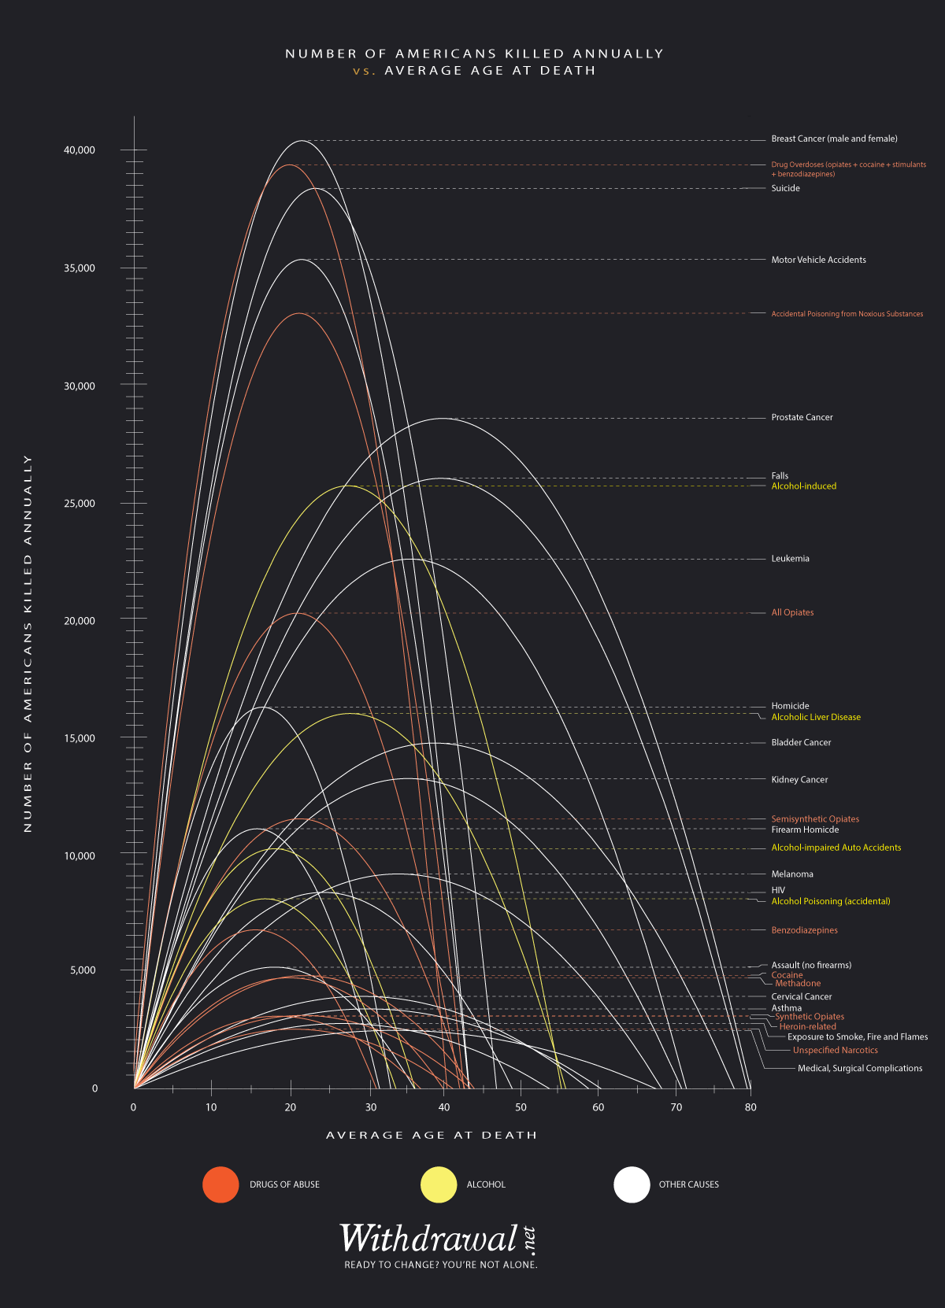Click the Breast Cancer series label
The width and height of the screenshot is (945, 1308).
pyautogui.click(x=834, y=139)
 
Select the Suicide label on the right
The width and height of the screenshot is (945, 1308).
pyautogui.click(x=785, y=188)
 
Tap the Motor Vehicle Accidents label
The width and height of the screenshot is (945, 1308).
pyautogui.click(x=818, y=260)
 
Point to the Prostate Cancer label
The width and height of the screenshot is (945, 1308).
pyautogui.click(x=802, y=417)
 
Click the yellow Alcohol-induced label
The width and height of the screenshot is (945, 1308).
pyautogui.click(x=803, y=486)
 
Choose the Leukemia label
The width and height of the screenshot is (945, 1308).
pyautogui.click(x=790, y=559)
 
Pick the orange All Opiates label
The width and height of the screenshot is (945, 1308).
pyautogui.click(x=792, y=612)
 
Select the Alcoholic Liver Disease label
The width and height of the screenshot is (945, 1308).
pyautogui.click(x=816, y=717)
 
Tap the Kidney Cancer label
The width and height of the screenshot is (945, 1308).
pyautogui.click(x=799, y=779)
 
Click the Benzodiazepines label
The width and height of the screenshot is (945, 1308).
pyautogui.click(x=804, y=930)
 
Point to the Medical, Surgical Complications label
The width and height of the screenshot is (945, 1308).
pyautogui.click(x=860, y=1068)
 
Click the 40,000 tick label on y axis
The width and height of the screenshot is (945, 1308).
pyautogui.click(x=80, y=150)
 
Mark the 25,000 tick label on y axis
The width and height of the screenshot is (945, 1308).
pyautogui.click(x=80, y=504)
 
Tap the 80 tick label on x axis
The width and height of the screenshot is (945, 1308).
pyautogui.click(x=750, y=1107)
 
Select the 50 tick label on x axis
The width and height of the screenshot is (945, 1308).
pyautogui.click(x=521, y=1107)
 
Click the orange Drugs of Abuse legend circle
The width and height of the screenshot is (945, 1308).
pyautogui.click(x=220, y=1184)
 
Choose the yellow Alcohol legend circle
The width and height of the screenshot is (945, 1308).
pyautogui.click(x=439, y=1184)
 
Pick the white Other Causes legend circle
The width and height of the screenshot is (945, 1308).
pyautogui.click(x=632, y=1184)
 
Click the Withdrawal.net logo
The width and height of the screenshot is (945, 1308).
pyautogui.click(x=438, y=1239)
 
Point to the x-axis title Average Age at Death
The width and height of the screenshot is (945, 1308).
pyautogui.click(x=432, y=1135)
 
